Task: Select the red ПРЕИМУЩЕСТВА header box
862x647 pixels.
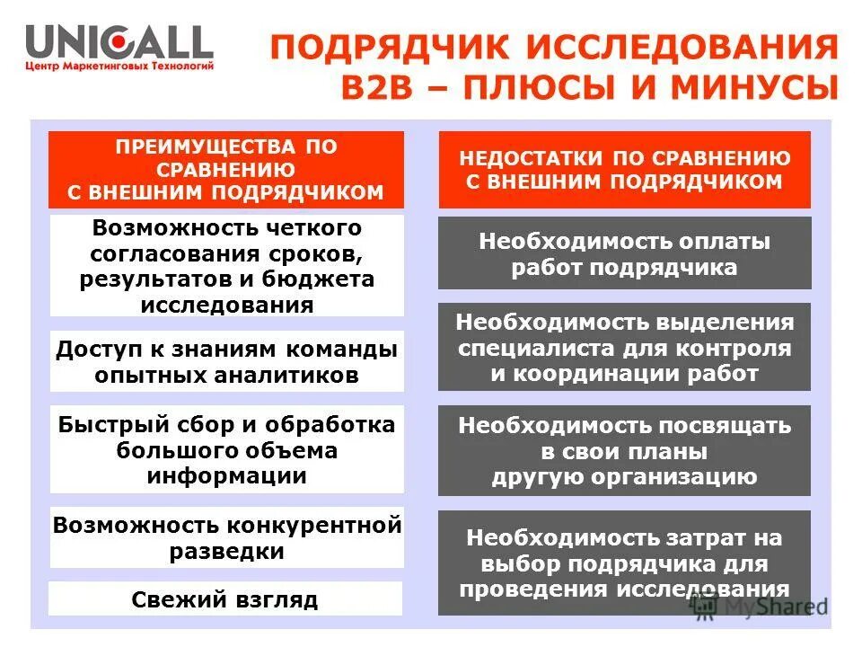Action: click(x=225, y=170)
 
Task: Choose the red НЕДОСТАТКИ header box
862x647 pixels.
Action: click(x=624, y=170)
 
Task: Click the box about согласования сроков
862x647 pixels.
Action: click(x=226, y=265)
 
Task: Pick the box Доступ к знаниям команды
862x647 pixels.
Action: click(x=226, y=360)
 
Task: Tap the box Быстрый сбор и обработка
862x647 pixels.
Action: click(x=226, y=449)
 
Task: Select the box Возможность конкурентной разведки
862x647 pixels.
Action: click(x=226, y=537)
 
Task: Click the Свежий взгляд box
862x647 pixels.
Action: click(x=226, y=598)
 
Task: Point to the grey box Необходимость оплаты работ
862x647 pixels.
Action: click(x=624, y=253)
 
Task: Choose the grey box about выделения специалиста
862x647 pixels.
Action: click(x=624, y=347)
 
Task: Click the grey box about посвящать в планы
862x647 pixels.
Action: click(x=624, y=450)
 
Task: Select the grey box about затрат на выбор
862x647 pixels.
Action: click(x=624, y=563)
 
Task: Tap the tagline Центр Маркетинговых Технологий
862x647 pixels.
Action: click(x=119, y=66)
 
